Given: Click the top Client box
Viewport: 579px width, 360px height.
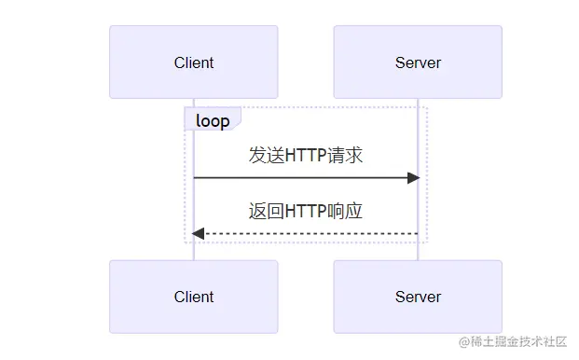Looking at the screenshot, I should [193, 62].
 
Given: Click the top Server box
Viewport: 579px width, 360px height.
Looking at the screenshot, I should [418, 62].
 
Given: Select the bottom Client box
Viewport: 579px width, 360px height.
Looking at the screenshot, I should [193, 297].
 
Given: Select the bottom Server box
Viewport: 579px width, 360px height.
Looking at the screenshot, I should [418, 297].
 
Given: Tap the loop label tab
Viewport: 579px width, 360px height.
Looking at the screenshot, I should [213, 120].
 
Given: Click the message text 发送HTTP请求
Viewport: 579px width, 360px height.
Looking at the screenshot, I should [305, 156].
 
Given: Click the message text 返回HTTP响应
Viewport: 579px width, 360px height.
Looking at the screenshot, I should [305, 212].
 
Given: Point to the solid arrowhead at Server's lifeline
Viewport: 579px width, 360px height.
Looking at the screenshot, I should [414, 177].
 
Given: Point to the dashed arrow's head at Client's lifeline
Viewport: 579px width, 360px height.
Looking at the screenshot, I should [198, 233].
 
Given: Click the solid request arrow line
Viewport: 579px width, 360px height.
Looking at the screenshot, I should [298, 177].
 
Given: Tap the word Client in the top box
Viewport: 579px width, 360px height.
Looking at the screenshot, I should [193, 63].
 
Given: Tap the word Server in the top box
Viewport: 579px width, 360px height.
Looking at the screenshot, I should [418, 63].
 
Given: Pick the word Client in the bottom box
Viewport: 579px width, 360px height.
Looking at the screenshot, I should [193, 298].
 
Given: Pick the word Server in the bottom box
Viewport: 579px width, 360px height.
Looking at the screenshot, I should [418, 298].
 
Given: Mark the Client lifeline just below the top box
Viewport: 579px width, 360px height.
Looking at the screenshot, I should [194, 104].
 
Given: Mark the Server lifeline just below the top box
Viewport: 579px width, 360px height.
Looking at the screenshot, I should [418, 104].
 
